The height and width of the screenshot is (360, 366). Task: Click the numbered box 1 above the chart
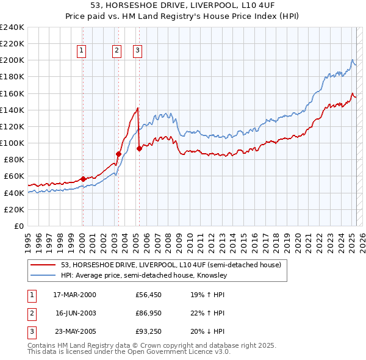tap(81, 51)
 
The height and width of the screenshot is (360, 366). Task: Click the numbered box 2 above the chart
tap(116, 51)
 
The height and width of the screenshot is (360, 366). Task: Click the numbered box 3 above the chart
tap(138, 51)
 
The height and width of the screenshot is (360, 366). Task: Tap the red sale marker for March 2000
tap(83, 179)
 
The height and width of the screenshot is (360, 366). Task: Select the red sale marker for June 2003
tap(118, 154)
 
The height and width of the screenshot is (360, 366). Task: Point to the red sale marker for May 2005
tap(139, 148)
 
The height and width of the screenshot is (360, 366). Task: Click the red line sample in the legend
tap(43, 265)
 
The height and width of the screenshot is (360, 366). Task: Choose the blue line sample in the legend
tap(43, 276)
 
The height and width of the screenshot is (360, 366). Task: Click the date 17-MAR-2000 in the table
tap(74, 295)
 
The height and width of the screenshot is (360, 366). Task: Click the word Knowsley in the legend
tap(210, 276)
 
